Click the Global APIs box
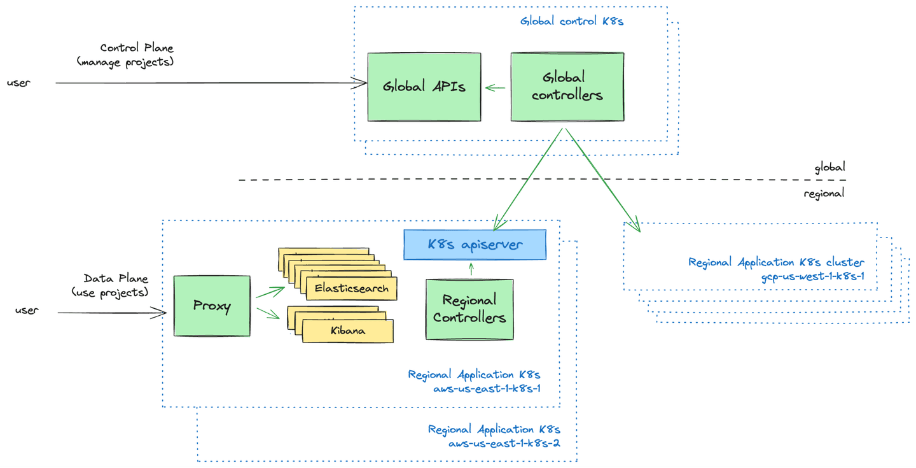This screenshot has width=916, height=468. point(424,87)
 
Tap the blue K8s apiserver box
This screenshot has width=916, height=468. point(475,245)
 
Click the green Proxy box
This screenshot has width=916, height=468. point(212,306)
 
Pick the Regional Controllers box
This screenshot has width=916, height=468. point(469,309)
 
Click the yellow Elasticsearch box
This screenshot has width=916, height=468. point(351,288)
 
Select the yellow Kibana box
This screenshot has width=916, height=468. point(347,330)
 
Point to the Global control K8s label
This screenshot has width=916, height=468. point(572,21)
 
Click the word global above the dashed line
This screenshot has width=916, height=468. point(829,167)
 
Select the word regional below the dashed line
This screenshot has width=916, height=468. point(824,194)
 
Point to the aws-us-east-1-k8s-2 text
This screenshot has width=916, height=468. point(505,443)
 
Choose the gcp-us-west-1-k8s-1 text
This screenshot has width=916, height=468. point(812,276)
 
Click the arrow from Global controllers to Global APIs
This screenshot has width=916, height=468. point(496,88)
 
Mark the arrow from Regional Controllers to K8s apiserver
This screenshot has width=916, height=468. point(471,269)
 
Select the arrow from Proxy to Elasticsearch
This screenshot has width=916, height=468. point(270,292)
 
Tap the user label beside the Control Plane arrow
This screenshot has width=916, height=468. point(18,83)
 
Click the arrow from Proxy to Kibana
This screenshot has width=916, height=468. point(268,313)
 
